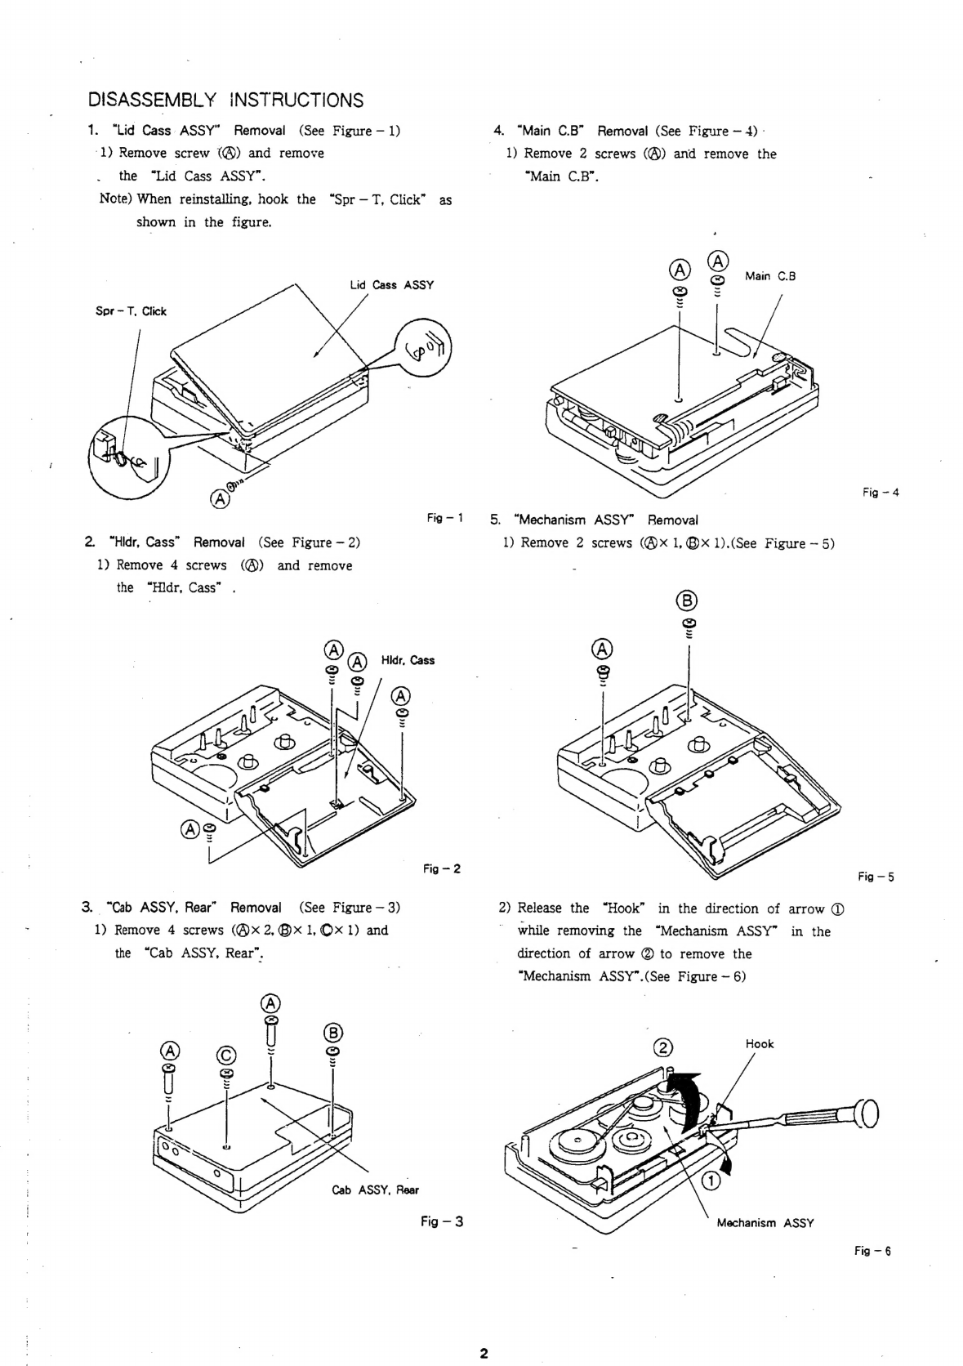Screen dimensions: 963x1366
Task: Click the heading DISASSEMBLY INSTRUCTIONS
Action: click(225, 100)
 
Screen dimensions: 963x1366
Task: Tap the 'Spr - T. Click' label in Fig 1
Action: click(131, 311)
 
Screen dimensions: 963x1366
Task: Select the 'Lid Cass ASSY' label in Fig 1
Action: click(392, 285)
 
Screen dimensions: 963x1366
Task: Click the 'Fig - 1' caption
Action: click(445, 518)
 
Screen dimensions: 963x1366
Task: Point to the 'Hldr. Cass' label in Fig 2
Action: click(408, 660)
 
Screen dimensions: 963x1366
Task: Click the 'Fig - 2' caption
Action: click(442, 868)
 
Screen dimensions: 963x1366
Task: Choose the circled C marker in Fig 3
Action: click(226, 1055)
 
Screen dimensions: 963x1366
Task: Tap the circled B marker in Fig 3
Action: click(332, 1033)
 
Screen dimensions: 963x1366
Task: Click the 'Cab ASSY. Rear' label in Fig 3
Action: click(376, 1190)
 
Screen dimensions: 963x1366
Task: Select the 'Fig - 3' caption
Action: click(442, 1221)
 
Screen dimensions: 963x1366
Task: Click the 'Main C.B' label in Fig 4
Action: click(770, 276)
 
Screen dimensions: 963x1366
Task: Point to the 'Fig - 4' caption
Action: click(881, 492)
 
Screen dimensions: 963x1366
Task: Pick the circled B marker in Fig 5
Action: click(687, 600)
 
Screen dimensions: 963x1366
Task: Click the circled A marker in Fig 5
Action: click(602, 649)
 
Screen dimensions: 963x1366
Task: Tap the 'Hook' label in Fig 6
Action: click(760, 1043)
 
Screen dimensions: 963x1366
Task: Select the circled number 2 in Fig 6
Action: click(663, 1047)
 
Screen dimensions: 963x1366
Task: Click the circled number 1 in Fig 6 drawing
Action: click(711, 1181)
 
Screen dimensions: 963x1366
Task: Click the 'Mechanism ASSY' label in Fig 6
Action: click(765, 1222)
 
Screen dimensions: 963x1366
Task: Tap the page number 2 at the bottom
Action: click(484, 1353)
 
